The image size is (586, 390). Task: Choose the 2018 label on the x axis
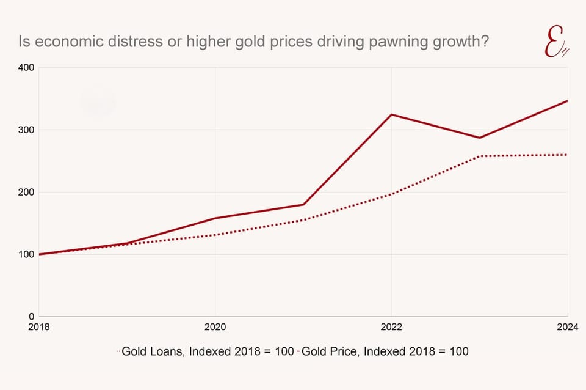click(39, 327)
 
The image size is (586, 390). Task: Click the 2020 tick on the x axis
click(215, 327)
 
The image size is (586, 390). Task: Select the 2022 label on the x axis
click(391, 327)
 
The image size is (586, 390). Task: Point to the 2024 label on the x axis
click(567, 327)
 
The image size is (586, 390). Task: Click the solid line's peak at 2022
click(391, 114)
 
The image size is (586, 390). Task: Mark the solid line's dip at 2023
click(480, 138)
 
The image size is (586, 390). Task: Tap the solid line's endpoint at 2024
click(567, 101)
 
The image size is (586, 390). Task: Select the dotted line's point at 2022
click(391, 194)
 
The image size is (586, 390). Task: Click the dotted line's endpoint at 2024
click(567, 155)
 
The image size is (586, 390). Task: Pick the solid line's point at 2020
click(215, 218)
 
